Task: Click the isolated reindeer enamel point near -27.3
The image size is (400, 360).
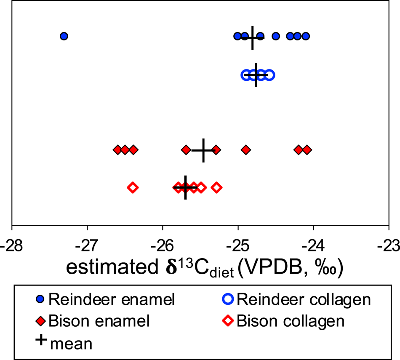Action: pyautogui.click(x=64, y=36)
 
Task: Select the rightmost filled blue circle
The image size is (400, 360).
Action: pyautogui.click(x=306, y=36)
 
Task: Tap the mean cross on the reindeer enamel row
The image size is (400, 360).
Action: pyautogui.click(x=252, y=37)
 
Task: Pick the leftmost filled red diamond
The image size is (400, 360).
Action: pyautogui.click(x=117, y=149)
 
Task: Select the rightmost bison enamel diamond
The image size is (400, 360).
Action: pyautogui.click(x=307, y=149)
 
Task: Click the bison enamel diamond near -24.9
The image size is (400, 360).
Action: pyautogui.click(x=246, y=149)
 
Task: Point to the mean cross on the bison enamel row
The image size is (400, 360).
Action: pyautogui.click(x=203, y=150)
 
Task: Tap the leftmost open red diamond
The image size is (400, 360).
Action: pyautogui.click(x=133, y=187)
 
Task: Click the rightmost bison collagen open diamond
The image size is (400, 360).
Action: pyautogui.click(x=217, y=187)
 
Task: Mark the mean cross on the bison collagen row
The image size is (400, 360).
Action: pyautogui.click(x=185, y=187)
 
